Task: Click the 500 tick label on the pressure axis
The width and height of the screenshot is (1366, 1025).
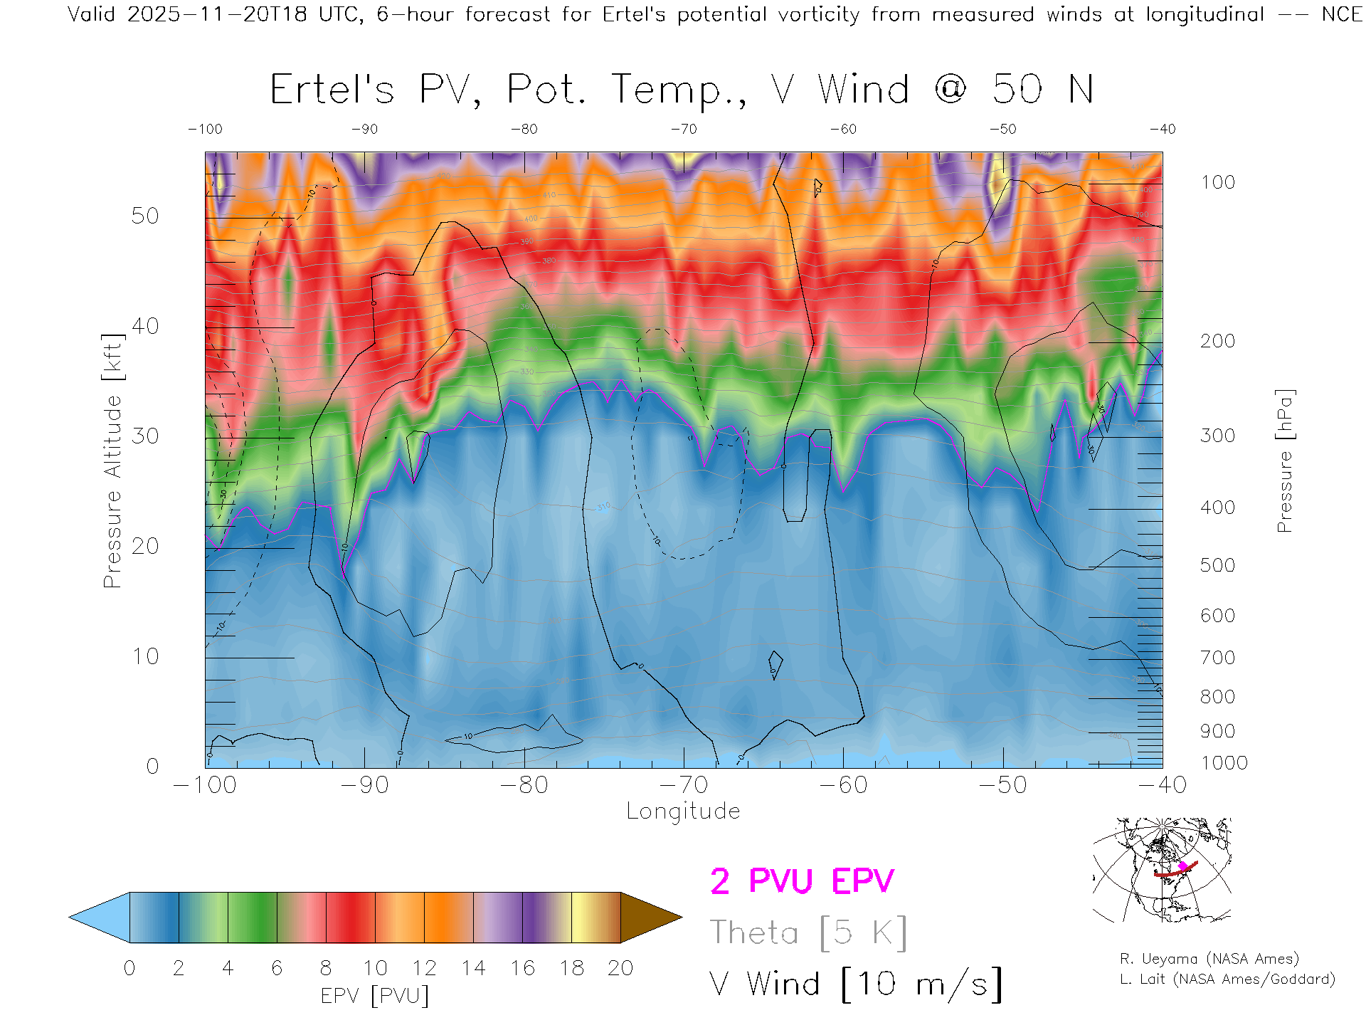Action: (x=1217, y=565)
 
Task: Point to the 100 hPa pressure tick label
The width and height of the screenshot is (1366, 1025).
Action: (x=1217, y=182)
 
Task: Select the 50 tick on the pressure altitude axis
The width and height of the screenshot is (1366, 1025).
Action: (x=144, y=216)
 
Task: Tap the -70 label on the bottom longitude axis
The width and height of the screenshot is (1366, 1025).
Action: (x=684, y=784)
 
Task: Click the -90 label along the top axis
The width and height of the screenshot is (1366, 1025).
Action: (x=364, y=130)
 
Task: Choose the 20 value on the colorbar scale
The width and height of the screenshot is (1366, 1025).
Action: (x=620, y=968)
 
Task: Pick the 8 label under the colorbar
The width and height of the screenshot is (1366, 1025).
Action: (x=326, y=968)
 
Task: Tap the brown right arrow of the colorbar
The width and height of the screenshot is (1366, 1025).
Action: (x=650, y=918)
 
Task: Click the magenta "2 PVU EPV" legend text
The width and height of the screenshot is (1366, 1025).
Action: (x=802, y=881)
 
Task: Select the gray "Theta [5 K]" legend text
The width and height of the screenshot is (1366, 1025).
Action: (x=808, y=932)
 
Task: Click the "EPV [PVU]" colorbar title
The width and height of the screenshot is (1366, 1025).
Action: (x=375, y=996)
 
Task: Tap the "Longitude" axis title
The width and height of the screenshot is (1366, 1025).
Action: (x=683, y=811)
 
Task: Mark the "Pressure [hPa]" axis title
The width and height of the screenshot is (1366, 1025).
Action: (x=1284, y=461)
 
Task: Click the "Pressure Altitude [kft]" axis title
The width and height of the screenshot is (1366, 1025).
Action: (x=112, y=461)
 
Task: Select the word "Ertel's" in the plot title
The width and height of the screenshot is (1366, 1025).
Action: (x=332, y=90)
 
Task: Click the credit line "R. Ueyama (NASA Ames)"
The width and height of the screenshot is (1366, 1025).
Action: (x=1209, y=959)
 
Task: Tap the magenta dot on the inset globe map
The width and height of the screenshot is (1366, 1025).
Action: (x=1182, y=866)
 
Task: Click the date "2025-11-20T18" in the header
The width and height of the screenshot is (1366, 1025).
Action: (x=217, y=14)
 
